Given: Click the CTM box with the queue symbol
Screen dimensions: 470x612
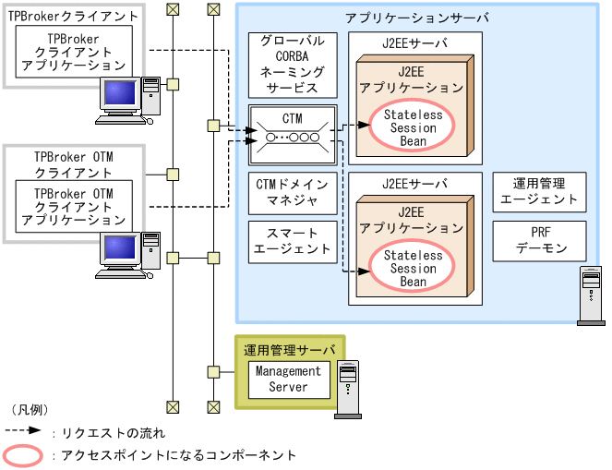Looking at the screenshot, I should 293,129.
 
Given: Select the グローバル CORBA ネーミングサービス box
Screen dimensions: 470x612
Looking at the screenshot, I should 293,65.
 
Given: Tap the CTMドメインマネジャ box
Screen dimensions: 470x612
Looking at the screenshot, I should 293,191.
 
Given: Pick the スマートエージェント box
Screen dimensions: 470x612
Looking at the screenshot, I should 293,241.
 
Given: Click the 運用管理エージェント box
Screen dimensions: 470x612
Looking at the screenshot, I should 539,191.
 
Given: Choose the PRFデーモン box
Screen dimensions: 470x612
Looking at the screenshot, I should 539,241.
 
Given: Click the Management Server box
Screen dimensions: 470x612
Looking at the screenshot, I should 288,380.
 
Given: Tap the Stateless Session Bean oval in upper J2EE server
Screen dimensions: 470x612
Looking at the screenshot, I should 413,128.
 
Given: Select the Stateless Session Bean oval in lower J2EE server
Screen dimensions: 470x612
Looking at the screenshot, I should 413,268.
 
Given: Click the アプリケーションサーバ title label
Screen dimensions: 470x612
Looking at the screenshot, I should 417,18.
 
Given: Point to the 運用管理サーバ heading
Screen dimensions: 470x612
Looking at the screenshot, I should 288,350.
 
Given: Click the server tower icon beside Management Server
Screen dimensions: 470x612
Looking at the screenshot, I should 348,389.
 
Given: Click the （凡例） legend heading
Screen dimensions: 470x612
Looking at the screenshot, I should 29,409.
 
